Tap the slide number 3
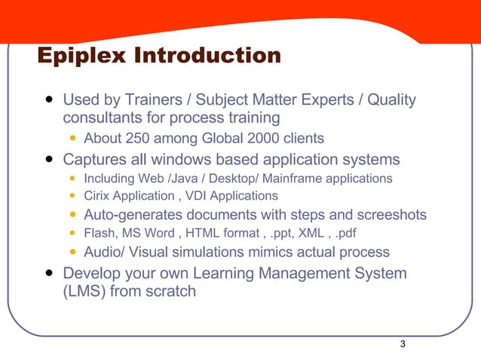[x=403, y=344]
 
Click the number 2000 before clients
[x=266, y=139]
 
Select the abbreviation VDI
[x=202, y=196]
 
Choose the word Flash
[x=99, y=233]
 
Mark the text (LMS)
[x=85, y=291]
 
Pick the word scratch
[x=170, y=291]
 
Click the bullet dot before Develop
[x=49, y=273]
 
